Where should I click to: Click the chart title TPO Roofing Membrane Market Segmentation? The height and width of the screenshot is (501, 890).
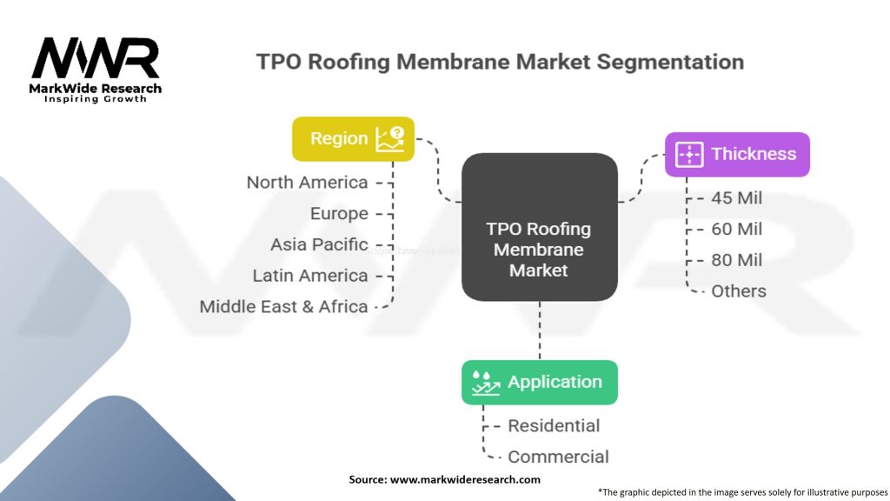pyautogui.click(x=500, y=63)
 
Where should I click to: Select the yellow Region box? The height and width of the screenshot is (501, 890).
pyautogui.click(x=353, y=139)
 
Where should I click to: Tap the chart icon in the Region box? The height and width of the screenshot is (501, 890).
pyautogui.click(x=390, y=139)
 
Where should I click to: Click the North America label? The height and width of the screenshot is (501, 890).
pyautogui.click(x=307, y=183)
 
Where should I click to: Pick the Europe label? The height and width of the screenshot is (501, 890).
pyautogui.click(x=339, y=214)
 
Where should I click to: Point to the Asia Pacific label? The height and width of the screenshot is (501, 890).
pyautogui.click(x=319, y=244)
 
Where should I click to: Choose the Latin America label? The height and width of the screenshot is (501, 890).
pyautogui.click(x=310, y=276)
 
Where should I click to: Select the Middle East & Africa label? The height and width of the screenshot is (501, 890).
pyautogui.click(x=283, y=307)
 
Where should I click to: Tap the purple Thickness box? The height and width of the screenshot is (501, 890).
pyautogui.click(x=737, y=155)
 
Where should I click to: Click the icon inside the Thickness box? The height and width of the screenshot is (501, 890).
pyautogui.click(x=688, y=155)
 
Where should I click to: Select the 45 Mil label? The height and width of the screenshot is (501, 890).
pyautogui.click(x=736, y=198)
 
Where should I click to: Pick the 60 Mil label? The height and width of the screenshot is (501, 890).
pyautogui.click(x=736, y=230)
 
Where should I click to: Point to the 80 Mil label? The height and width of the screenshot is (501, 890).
pyautogui.click(x=736, y=260)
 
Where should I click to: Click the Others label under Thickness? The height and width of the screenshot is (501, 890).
pyautogui.click(x=739, y=291)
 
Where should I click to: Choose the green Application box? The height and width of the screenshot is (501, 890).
pyautogui.click(x=539, y=383)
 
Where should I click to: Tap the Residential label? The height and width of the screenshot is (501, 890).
pyautogui.click(x=554, y=426)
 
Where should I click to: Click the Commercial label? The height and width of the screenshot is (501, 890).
pyautogui.click(x=558, y=457)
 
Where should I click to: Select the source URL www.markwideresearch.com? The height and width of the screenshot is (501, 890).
pyautogui.click(x=465, y=479)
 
